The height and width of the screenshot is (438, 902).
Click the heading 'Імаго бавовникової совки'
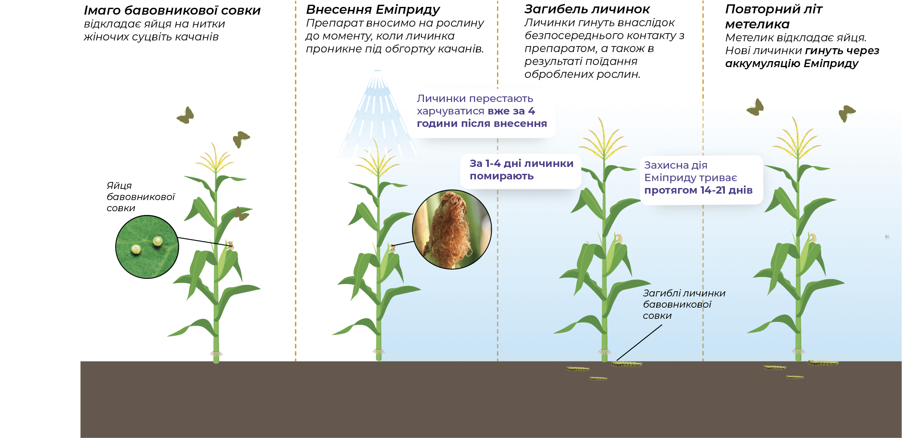172,10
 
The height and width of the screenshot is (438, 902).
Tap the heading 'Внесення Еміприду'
373,9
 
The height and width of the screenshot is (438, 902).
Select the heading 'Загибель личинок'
587,9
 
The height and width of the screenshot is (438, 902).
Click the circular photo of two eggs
147,247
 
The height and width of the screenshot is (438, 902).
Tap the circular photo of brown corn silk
451,229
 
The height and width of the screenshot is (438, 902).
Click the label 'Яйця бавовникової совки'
141,197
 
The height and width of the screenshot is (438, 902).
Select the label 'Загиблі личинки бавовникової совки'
684,304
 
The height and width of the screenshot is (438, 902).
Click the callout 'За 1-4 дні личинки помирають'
521,170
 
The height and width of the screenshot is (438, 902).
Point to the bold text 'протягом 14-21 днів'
698,190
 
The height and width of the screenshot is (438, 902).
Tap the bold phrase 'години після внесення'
482,124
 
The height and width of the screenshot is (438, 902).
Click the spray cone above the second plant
377,116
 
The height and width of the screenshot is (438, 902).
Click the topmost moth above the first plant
186,115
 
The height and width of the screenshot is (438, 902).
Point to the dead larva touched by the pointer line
626,364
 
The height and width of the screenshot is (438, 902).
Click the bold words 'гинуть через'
842,51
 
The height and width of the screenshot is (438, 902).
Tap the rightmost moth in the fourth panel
847,113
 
